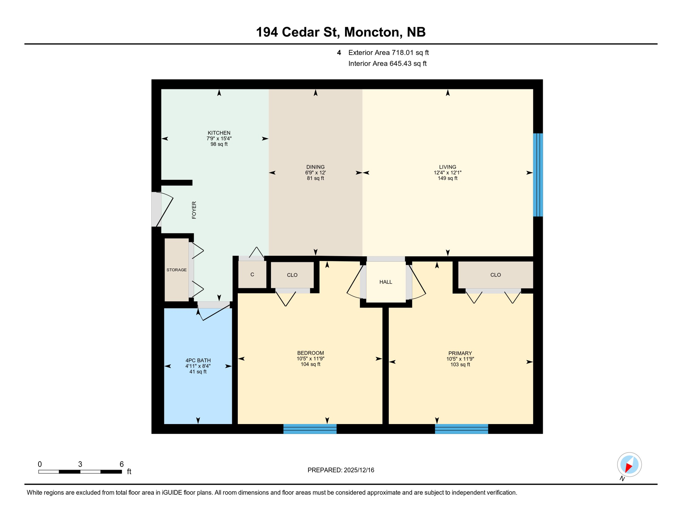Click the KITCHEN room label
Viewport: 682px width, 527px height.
pos(219,133)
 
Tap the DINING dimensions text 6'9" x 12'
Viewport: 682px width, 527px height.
pos(315,173)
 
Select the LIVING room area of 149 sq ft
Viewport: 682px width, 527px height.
pos(447,178)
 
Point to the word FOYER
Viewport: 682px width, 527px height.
pos(194,210)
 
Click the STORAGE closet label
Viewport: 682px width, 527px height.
pos(177,270)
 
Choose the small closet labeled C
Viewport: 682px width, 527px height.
pos(252,274)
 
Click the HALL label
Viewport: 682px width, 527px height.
pos(386,282)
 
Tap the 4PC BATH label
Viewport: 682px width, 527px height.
pos(198,360)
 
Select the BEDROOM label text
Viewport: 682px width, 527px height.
pos(310,353)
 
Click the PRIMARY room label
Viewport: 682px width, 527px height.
pos(460,353)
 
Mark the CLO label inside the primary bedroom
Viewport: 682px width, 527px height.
pos(495,275)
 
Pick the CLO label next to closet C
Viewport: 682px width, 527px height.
pos(292,275)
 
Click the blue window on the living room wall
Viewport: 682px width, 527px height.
pos(538,175)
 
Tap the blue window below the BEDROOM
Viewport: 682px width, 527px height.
pos(310,429)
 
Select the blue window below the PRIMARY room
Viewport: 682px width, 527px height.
pos(461,429)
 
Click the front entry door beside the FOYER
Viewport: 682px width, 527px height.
pos(161,209)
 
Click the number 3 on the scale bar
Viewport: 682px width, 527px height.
pos(80,464)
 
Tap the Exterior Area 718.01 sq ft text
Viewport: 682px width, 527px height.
pos(388,52)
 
